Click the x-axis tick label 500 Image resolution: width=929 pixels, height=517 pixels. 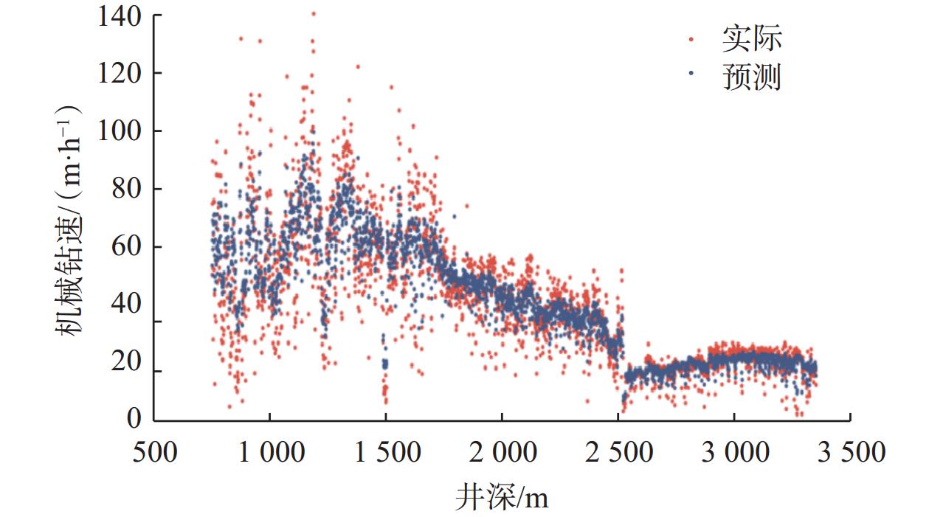pyautogui.click(x=154, y=452)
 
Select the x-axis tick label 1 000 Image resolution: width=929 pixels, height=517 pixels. pyautogui.click(x=270, y=452)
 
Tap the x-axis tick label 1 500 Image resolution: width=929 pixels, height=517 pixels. pyautogui.click(x=386, y=452)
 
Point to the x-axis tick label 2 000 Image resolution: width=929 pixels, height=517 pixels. pyautogui.click(x=502, y=452)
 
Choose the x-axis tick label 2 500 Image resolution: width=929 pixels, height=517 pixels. pyautogui.click(x=618, y=452)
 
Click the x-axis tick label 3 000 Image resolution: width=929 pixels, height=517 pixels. pyautogui.click(x=733, y=452)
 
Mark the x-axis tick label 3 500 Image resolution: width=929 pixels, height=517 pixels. pyautogui.click(x=849, y=452)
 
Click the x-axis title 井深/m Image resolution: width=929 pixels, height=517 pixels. pyautogui.click(x=502, y=497)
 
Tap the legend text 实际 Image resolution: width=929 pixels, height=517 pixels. pyautogui.click(x=751, y=39)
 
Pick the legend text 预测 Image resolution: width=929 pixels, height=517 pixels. pyautogui.click(x=751, y=76)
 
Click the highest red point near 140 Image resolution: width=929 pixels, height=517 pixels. pyautogui.click(x=314, y=13)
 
